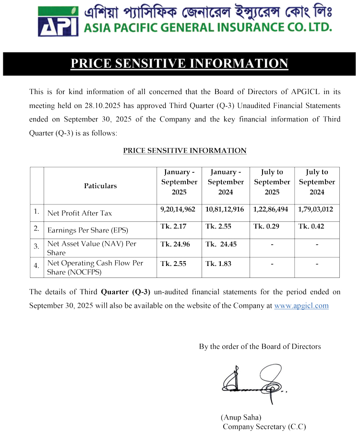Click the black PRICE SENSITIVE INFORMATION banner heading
click(180, 64)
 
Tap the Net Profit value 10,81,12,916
click(224, 209)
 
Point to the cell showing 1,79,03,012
click(315, 209)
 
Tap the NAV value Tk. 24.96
click(175, 244)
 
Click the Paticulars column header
click(100, 186)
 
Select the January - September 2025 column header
click(179, 182)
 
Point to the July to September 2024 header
click(317, 182)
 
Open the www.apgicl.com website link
click(301, 306)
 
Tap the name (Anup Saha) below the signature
click(241, 417)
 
